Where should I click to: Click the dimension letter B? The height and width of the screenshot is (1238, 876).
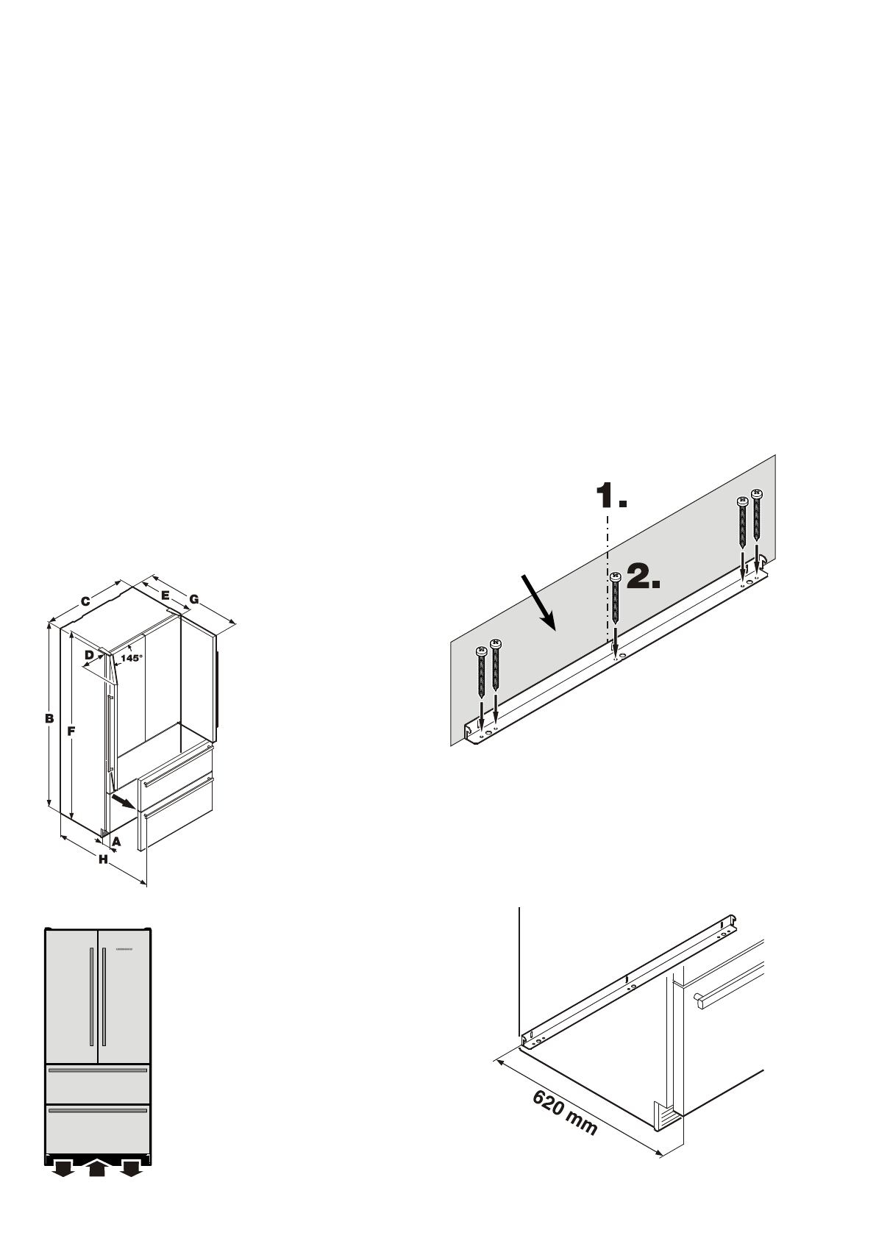49,718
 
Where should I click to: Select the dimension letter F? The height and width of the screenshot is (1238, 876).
71,731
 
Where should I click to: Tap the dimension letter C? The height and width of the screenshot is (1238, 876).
85,601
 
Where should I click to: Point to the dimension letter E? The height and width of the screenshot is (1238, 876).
165,594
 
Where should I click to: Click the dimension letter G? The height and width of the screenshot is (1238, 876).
193,600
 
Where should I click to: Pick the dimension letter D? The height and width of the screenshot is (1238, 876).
89,654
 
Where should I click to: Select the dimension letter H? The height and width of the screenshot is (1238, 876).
103,859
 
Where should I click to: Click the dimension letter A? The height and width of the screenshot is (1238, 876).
116,840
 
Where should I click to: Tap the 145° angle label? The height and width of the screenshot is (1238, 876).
132,658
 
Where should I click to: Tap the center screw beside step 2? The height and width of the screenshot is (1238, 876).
616,610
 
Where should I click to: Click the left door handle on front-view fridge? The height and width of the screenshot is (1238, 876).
91,996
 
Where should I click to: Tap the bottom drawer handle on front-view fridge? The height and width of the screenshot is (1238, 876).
98,1111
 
